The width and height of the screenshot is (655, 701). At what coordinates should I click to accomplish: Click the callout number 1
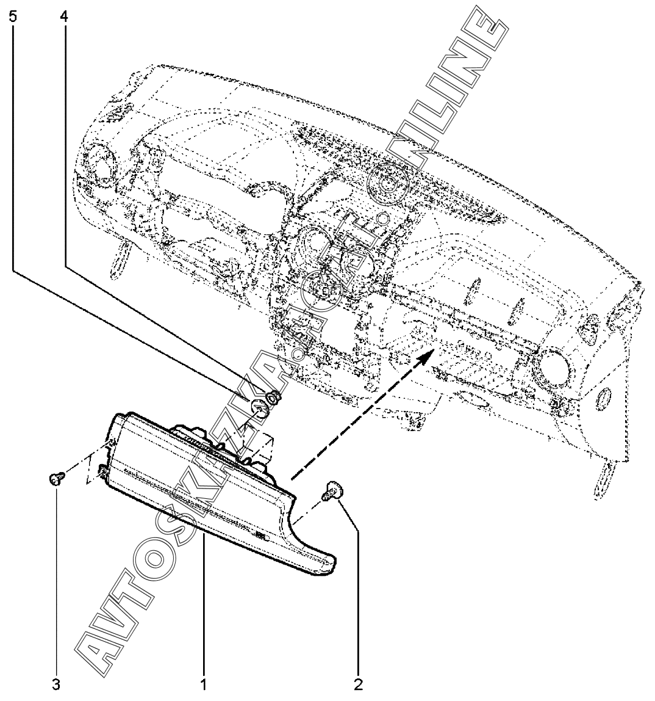click(204, 683)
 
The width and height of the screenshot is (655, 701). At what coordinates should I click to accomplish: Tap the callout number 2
click(359, 683)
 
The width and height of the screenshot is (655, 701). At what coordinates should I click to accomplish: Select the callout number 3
click(55, 683)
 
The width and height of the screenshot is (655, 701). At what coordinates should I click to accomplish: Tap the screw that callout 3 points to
click(55, 479)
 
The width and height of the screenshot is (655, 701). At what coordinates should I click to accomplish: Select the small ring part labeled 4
click(274, 398)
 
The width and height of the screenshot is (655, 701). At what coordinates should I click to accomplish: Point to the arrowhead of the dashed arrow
click(429, 354)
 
